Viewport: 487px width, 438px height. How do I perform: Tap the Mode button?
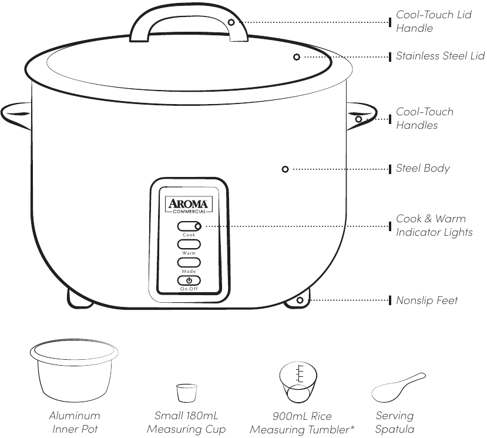click(189, 262)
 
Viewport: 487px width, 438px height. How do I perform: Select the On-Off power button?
click(189, 280)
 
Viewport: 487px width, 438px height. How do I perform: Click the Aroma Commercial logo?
click(189, 205)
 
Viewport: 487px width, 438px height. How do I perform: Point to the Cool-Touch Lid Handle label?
click(433, 21)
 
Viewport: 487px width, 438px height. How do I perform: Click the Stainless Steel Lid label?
click(440, 56)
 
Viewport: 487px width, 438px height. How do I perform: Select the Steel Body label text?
click(422, 169)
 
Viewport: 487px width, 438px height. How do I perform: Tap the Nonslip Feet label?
click(426, 300)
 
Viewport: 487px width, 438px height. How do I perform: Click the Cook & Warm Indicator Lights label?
click(434, 226)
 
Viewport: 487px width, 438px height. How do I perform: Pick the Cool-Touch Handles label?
click(424, 118)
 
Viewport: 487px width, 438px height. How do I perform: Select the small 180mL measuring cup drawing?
click(186, 393)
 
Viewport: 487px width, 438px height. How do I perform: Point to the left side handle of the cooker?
click(16, 113)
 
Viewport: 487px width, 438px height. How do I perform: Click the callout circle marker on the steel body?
click(285, 169)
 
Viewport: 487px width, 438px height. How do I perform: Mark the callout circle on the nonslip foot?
click(300, 300)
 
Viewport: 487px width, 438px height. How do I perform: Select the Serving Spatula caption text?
click(395, 422)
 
